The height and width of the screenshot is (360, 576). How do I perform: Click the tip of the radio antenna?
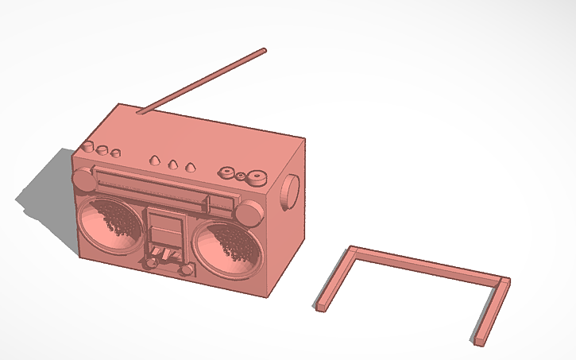[x=263, y=51]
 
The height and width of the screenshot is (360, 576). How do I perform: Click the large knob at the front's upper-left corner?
[x=83, y=179]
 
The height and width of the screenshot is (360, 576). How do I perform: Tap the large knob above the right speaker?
[x=249, y=212]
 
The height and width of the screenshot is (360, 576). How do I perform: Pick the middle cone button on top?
[x=172, y=164]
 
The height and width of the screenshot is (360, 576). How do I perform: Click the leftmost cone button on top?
[x=155, y=161]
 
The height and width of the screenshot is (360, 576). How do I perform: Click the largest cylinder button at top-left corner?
[x=87, y=148]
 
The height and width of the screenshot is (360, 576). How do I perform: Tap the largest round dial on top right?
[x=255, y=176]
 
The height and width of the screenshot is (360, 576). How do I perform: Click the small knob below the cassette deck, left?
[x=150, y=262]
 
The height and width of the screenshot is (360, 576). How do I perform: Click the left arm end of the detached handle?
[x=321, y=306]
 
